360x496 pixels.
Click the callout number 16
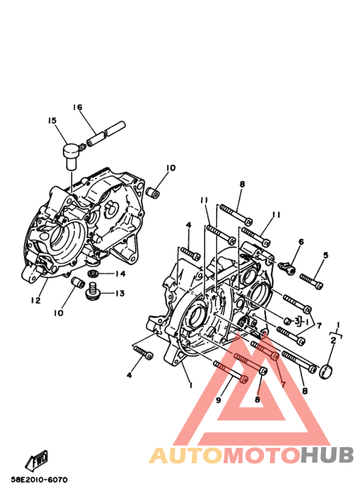pos(78,107)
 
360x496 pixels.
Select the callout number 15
pos(52,121)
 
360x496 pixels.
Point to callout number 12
pos(36,300)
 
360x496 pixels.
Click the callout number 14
pos(120,274)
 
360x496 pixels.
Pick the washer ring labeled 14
pos(93,273)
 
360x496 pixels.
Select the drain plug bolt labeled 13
pos(93,291)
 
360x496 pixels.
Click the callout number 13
pos(120,294)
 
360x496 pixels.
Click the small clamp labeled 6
pos(287,269)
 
